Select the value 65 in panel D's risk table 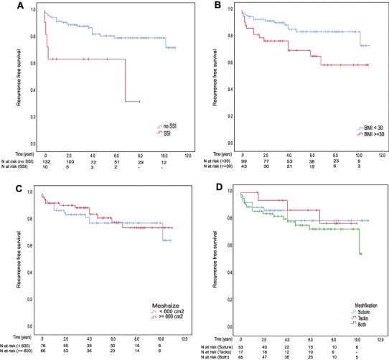click(243, 356)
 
